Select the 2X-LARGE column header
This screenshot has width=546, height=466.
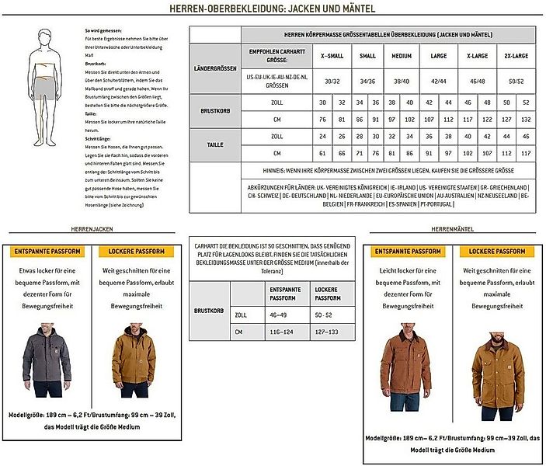click(x=516, y=56)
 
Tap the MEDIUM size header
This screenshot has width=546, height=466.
click(x=402, y=56)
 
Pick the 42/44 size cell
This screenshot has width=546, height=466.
click(x=438, y=81)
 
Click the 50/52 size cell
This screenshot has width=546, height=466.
click(x=516, y=81)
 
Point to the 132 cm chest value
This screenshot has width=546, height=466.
click(x=527, y=119)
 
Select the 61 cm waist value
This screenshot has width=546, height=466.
click(x=323, y=152)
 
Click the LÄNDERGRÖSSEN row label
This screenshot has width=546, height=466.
click(x=214, y=68)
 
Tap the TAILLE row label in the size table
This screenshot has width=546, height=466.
click(x=214, y=144)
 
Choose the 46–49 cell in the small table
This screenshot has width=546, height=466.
click(x=277, y=315)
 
